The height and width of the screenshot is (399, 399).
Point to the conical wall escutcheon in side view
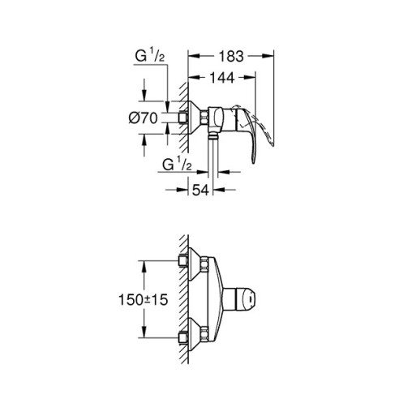point(194,118)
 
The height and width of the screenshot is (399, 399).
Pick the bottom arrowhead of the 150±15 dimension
point(144,338)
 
